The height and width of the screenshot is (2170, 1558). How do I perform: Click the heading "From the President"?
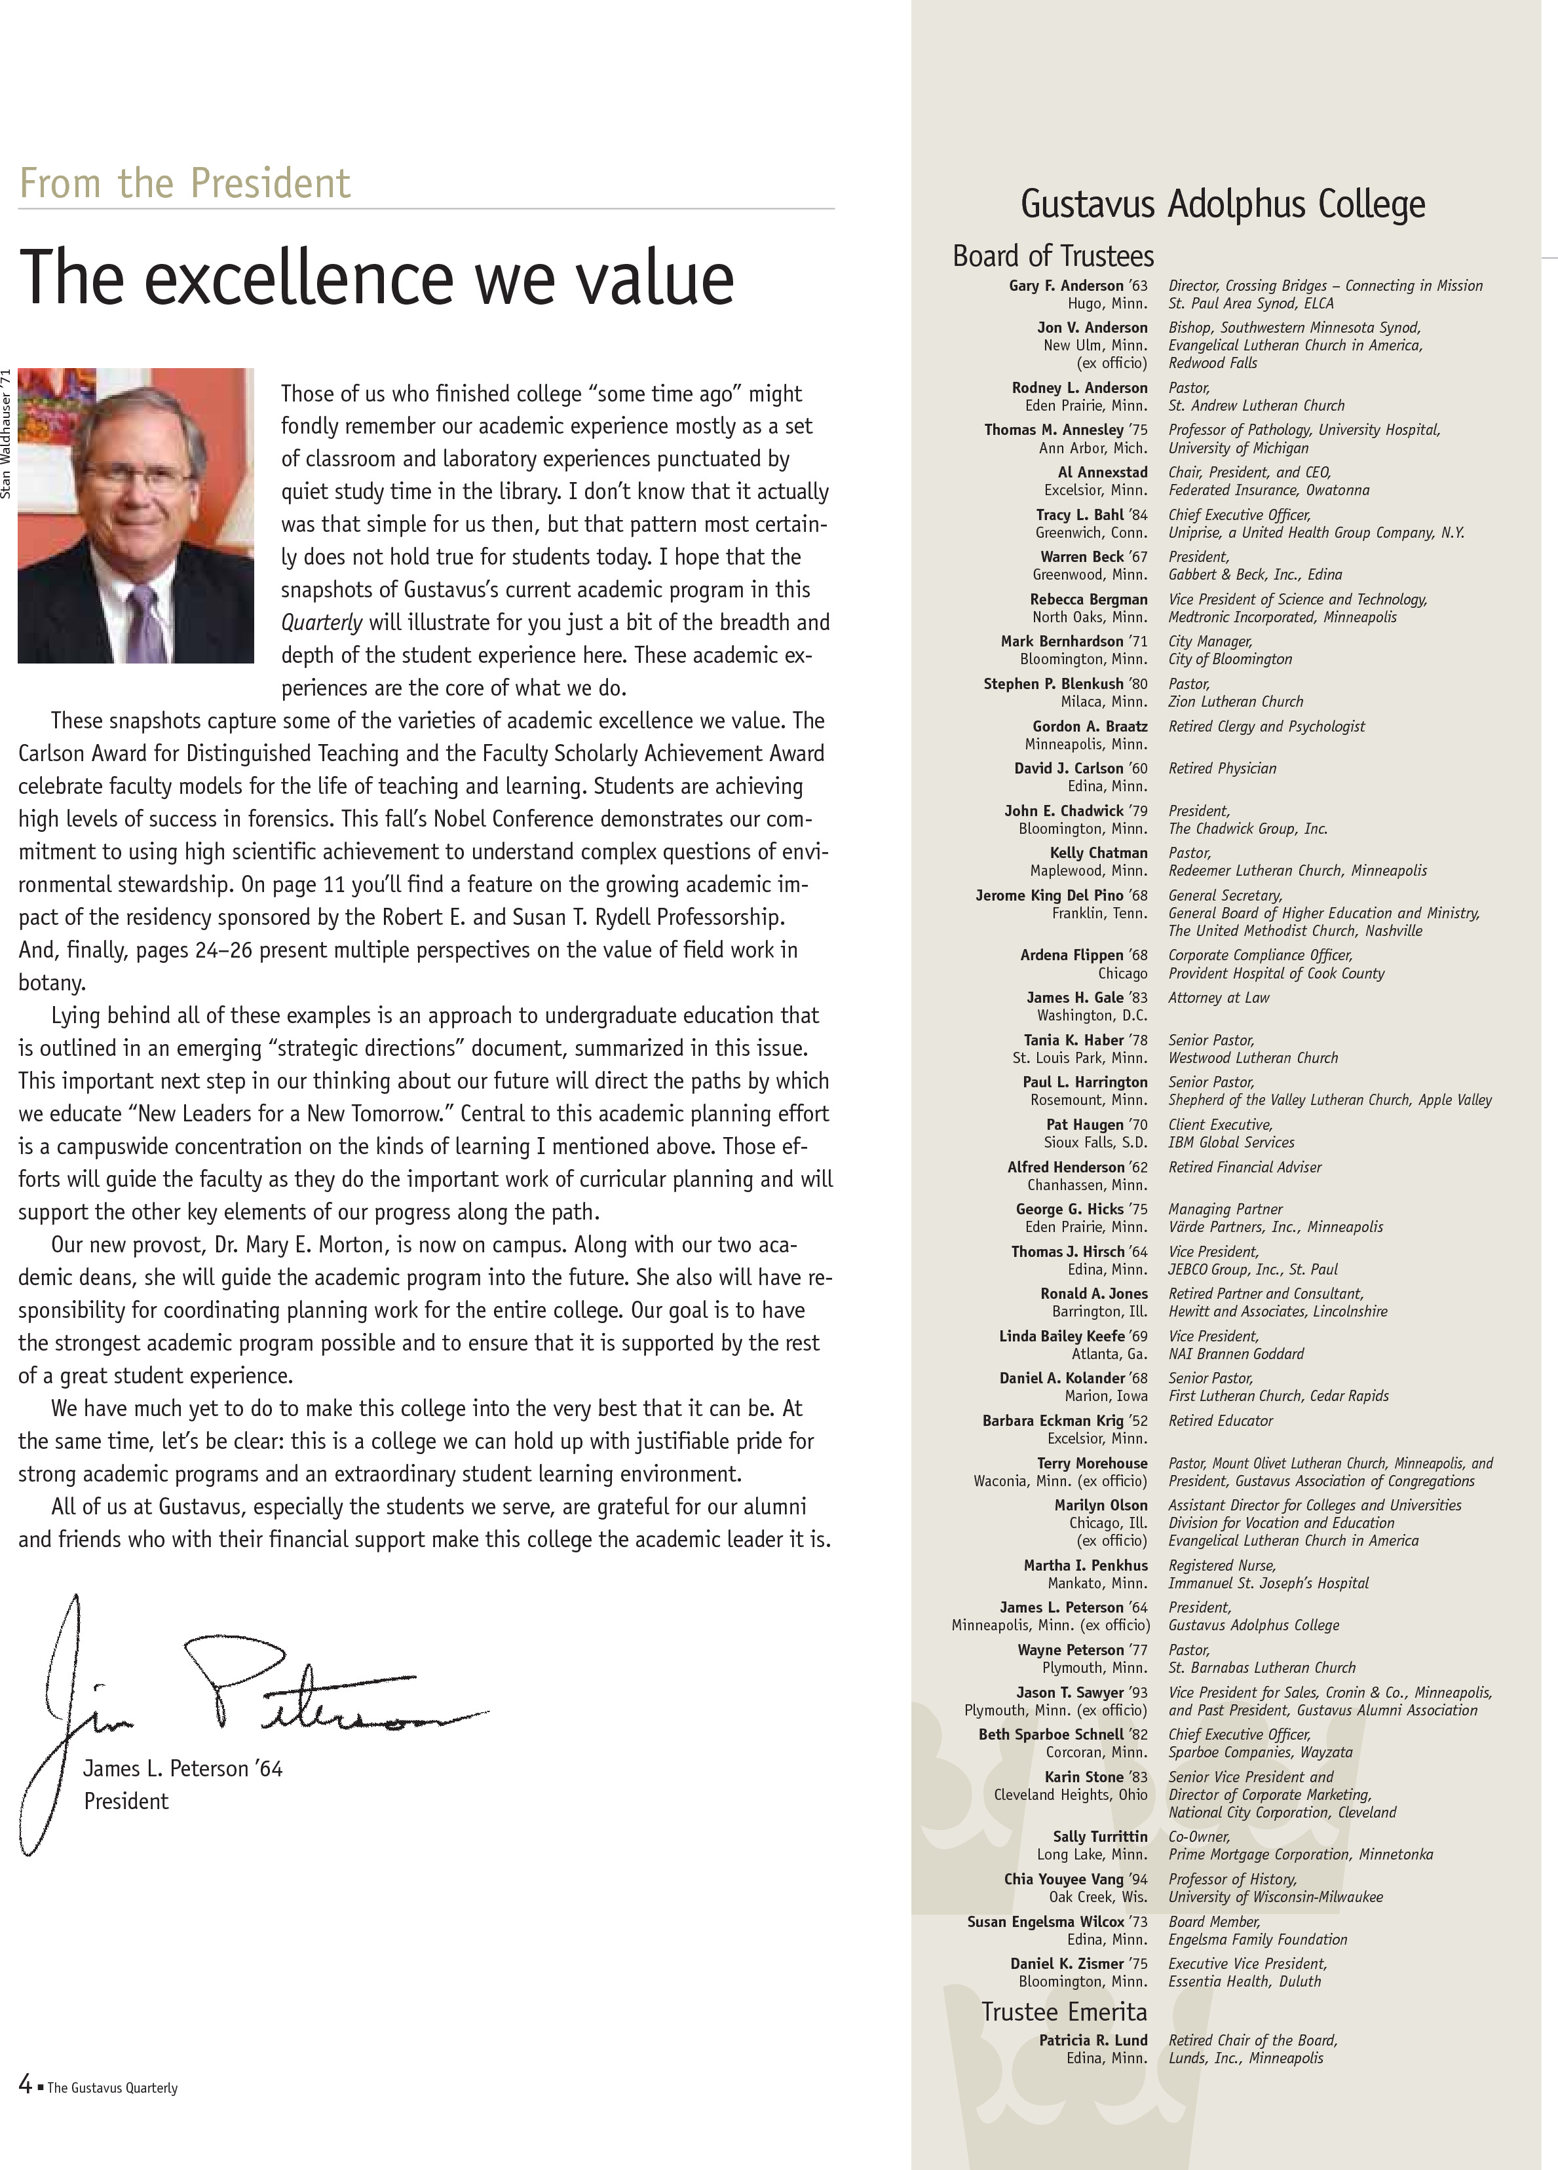click(x=185, y=183)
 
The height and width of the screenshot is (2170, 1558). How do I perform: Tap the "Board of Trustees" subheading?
click(x=1053, y=255)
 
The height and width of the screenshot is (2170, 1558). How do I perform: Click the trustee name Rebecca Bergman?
click(x=1088, y=599)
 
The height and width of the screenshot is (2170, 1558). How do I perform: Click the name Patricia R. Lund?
click(x=1093, y=2040)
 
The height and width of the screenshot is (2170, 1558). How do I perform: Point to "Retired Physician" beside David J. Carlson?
click(x=1222, y=768)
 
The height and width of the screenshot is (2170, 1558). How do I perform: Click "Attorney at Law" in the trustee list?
click(x=1218, y=997)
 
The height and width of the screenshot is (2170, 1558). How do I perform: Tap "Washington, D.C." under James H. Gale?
click(x=1092, y=1015)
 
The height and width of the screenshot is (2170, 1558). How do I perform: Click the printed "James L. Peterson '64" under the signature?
click(x=183, y=1768)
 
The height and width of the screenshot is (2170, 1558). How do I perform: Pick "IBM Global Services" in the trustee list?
click(x=1230, y=1142)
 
